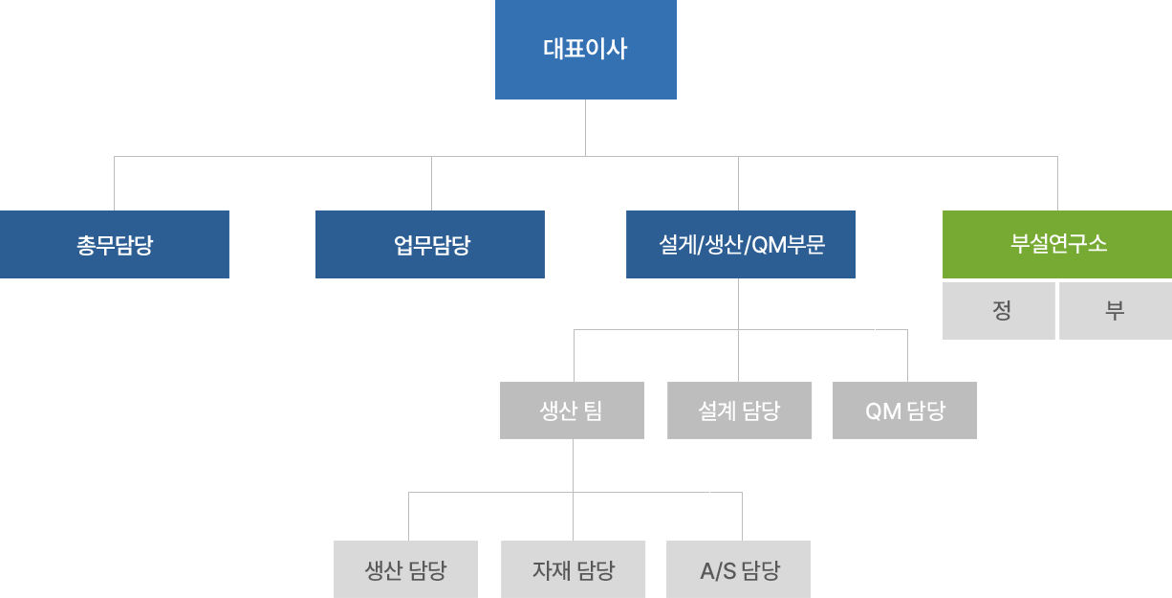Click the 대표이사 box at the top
pos(585,50)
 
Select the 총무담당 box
pos(115,245)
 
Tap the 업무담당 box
pos(430,245)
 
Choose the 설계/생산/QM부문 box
pos(741,245)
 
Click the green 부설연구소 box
pos(1057,244)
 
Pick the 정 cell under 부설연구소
pos(999,311)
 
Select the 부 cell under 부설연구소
pos(1115,311)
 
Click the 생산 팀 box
pos(572,410)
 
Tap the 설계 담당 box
pos(740,410)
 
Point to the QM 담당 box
pos(904,410)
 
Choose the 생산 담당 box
pos(406,570)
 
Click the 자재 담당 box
pos(574,570)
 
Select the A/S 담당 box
pos(739,570)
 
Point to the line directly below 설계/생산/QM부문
pos(739,303)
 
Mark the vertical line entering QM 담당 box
pos(907,356)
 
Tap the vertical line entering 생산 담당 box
pos(408,517)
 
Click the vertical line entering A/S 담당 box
pos(742,517)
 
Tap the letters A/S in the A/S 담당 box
pos(717,571)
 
